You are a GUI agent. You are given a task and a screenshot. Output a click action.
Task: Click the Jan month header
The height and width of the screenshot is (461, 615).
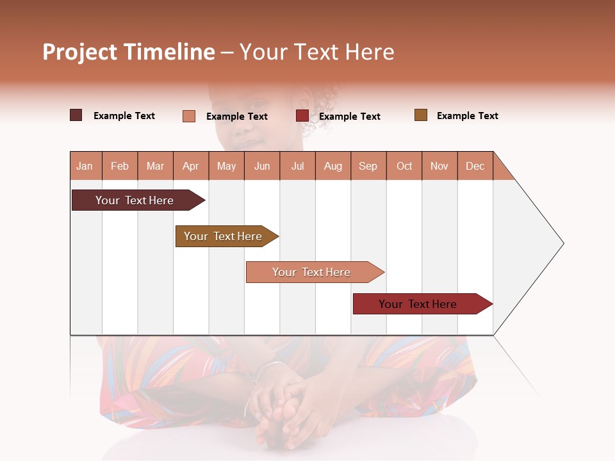pyautogui.click(x=85, y=166)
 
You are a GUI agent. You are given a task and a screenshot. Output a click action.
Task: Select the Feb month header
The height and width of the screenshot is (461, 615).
pyautogui.click(x=120, y=166)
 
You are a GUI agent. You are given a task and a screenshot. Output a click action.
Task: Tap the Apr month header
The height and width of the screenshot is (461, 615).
pyautogui.click(x=191, y=166)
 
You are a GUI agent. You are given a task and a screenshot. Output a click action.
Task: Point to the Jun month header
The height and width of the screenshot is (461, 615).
pyautogui.click(x=262, y=166)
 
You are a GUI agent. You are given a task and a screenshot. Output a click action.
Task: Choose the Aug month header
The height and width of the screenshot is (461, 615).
pyautogui.click(x=333, y=166)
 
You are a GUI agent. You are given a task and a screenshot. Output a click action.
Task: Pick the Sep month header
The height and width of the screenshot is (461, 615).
pyautogui.click(x=368, y=166)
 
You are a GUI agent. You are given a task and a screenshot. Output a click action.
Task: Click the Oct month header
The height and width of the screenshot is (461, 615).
pyautogui.click(x=404, y=166)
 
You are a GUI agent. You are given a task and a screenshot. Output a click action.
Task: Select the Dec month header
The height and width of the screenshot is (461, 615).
pyautogui.click(x=475, y=166)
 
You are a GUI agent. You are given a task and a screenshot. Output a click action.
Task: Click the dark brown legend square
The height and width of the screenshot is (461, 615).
pyautogui.click(x=76, y=115)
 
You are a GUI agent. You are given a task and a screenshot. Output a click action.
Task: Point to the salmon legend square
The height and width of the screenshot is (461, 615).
pyautogui.click(x=189, y=116)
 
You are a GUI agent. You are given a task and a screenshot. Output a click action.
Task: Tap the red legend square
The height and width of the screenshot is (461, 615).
pyautogui.click(x=302, y=116)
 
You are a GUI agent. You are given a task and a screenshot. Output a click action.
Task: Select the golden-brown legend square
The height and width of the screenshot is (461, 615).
pyautogui.click(x=421, y=115)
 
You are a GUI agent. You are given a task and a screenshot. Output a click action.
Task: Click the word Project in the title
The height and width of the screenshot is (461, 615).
pyautogui.click(x=79, y=52)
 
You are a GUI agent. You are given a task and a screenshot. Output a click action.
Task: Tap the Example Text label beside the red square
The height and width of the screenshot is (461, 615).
pyautogui.click(x=350, y=117)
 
